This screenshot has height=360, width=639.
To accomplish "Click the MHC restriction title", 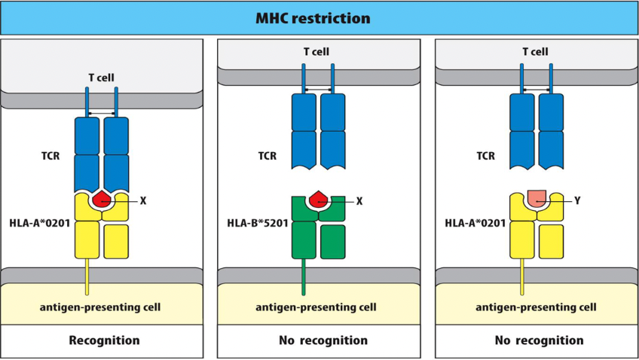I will (x=319, y=17).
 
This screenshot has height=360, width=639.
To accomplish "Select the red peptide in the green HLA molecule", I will (x=318, y=200).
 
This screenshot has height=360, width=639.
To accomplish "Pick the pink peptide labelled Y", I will (x=537, y=199).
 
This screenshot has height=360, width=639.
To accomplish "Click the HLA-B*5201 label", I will (x=258, y=224).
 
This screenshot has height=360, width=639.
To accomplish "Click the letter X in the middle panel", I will (x=359, y=201).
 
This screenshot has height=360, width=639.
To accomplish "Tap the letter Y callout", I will (x=577, y=201).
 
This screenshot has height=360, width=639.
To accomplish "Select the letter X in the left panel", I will (x=142, y=201).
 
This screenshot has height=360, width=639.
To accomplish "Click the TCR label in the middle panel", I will (x=267, y=157).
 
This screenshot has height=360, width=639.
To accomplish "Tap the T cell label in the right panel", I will (x=536, y=52).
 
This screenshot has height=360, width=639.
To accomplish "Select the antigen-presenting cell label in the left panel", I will (x=101, y=307).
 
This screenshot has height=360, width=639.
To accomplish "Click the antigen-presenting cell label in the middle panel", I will (x=316, y=307).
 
